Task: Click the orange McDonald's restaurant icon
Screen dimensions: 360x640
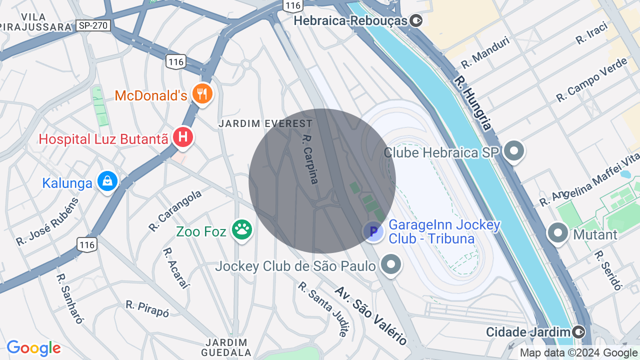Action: (x=202, y=94)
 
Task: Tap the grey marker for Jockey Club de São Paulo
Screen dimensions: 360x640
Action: (x=391, y=265)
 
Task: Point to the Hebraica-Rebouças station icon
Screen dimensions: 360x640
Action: (x=416, y=20)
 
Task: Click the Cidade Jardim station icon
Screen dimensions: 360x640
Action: (x=578, y=331)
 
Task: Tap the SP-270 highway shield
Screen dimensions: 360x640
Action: (x=93, y=25)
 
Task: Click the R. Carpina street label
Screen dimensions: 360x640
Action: (x=310, y=159)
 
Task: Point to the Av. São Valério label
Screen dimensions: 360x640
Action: (x=370, y=315)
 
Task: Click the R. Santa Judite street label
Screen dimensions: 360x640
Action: (x=323, y=308)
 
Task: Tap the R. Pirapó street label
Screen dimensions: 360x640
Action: (x=147, y=308)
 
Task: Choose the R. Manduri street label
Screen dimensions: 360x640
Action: (x=485, y=52)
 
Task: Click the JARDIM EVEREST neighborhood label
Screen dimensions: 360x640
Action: (x=265, y=123)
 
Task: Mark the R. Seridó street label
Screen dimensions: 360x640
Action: (x=607, y=270)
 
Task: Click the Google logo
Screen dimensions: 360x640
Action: (x=33, y=348)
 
